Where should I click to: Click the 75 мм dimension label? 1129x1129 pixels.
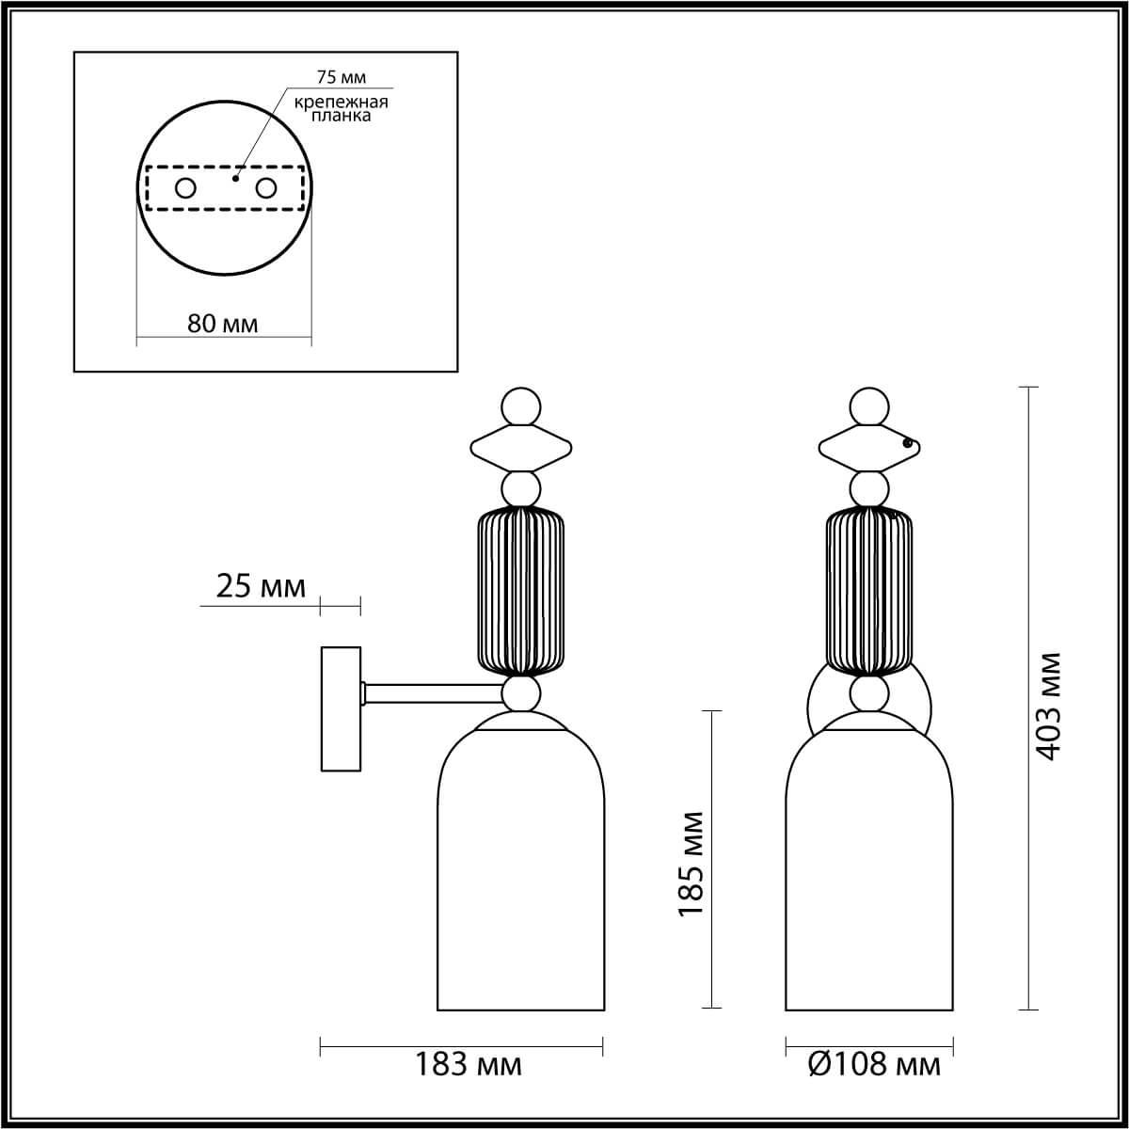click(340, 77)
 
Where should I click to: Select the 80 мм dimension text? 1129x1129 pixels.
click(223, 324)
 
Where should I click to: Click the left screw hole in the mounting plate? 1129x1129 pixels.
click(185, 188)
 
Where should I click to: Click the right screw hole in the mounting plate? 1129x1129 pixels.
click(266, 188)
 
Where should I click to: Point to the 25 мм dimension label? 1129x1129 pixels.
click(261, 586)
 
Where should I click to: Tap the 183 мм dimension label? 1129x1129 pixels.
click(469, 1064)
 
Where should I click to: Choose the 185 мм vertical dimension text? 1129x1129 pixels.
click(692, 864)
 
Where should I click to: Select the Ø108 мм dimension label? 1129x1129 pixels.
click(874, 1064)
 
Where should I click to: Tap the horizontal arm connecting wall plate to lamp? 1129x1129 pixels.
click(433, 694)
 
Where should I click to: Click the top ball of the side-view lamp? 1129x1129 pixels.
click(521, 407)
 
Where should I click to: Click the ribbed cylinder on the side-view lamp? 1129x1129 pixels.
click(521, 591)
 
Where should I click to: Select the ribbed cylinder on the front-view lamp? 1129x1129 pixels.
click(869, 591)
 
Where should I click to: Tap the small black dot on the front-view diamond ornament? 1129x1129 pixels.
click(907, 442)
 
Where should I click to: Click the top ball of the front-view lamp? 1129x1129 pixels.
click(869, 407)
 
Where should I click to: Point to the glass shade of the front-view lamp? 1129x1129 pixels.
click(869, 875)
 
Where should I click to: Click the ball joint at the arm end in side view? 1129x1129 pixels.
click(521, 694)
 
